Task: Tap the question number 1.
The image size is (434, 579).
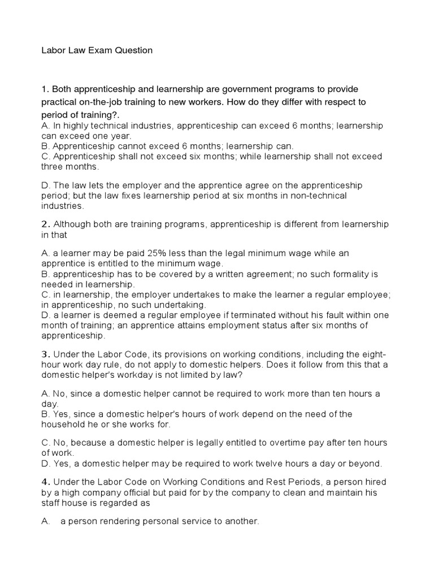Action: pyautogui.click(x=43, y=89)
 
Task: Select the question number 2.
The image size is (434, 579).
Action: pyautogui.click(x=44, y=224)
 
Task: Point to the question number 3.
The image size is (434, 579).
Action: pyautogui.click(x=44, y=354)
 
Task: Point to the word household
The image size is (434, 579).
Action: pyautogui.click(x=60, y=424)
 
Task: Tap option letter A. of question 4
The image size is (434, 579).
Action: pyautogui.click(x=45, y=522)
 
